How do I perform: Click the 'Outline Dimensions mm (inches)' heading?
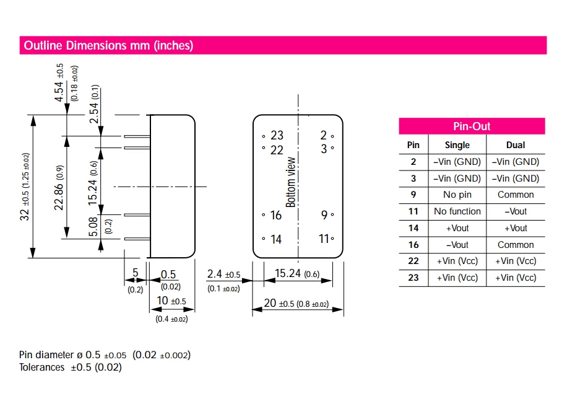108,45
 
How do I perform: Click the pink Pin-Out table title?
472,126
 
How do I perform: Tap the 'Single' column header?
457,145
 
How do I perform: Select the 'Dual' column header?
515,145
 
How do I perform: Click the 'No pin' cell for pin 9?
457,195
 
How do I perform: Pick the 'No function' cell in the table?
457,211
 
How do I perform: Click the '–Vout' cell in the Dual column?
515,211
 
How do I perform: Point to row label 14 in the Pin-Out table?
413,228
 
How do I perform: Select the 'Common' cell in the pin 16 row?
515,245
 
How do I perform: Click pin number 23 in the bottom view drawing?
277,136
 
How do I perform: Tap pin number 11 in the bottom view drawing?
324,239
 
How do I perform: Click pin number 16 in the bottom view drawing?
275,216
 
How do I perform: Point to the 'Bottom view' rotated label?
291,182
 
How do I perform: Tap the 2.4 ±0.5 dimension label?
223,275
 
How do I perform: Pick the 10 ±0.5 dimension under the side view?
170,301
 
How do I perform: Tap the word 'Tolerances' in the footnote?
42,368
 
